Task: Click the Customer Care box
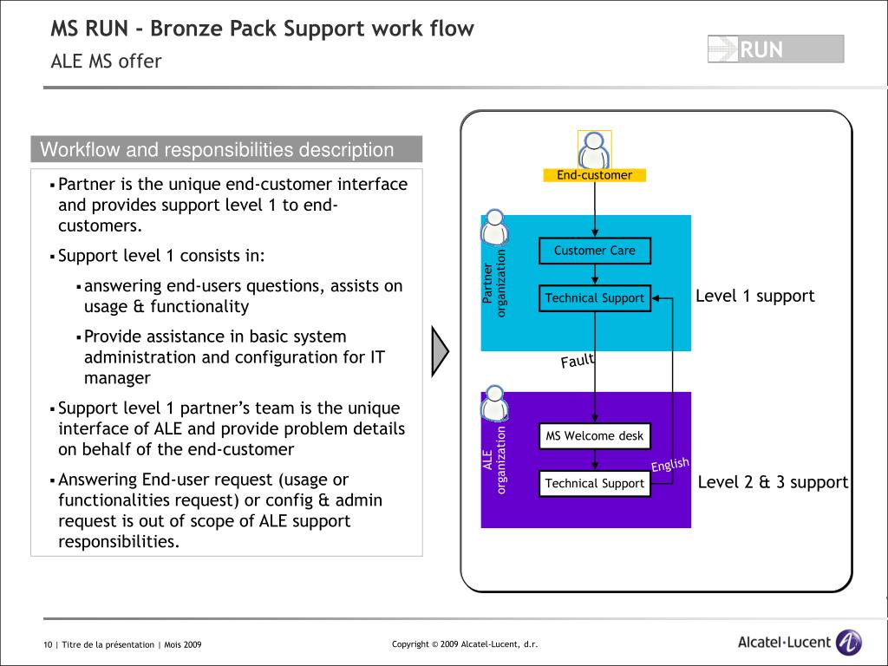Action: point(595,251)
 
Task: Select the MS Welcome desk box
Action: point(595,436)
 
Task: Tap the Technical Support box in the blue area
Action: point(595,298)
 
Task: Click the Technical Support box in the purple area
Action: point(595,484)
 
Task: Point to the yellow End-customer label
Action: point(595,175)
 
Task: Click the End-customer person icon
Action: point(595,149)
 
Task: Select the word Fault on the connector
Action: point(578,360)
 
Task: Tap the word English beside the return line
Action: point(670,465)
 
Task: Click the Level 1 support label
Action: point(755,296)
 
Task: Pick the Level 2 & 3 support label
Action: point(773,482)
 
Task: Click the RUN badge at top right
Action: point(776,49)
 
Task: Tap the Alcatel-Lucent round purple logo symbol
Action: point(848,643)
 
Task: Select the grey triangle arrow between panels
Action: point(440,351)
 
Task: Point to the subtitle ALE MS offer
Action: point(106,62)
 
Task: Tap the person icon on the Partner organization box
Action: point(494,226)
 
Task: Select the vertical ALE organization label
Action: point(494,460)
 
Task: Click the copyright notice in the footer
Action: point(465,644)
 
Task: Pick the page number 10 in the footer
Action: point(48,644)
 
